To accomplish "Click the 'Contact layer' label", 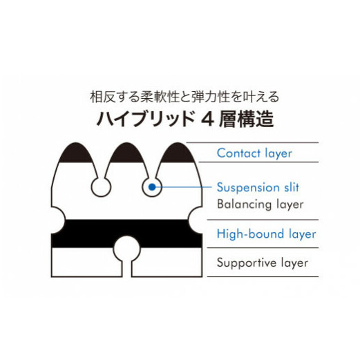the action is click(x=254, y=153).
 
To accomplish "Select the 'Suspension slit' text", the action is click(x=258, y=187).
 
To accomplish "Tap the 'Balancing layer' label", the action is click(x=260, y=205).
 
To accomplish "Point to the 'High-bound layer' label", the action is click(x=266, y=234).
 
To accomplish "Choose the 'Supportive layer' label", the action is click(x=263, y=263).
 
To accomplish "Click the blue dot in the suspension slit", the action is click(x=152, y=187).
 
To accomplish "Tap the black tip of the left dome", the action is click(x=76, y=153).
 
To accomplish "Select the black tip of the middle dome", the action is click(x=126, y=153).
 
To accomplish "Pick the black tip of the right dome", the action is click(x=178, y=153).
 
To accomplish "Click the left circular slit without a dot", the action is click(x=101, y=187).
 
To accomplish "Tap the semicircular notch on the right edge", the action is click(x=196, y=220).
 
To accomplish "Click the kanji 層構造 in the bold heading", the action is click(x=246, y=119).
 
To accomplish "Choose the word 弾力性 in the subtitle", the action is click(x=211, y=97).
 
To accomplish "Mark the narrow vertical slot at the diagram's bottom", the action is click(x=126, y=269).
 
